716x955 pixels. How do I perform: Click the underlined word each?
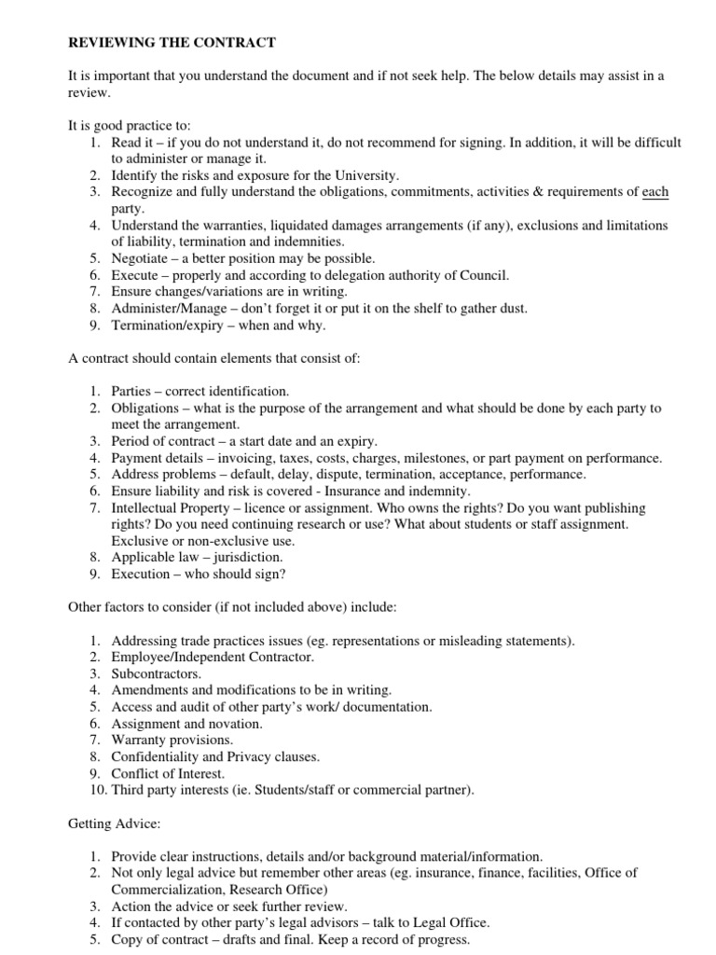(655, 192)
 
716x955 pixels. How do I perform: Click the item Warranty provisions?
(172, 740)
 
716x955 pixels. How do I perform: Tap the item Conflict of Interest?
(168, 773)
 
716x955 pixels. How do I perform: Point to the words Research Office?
(280, 889)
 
